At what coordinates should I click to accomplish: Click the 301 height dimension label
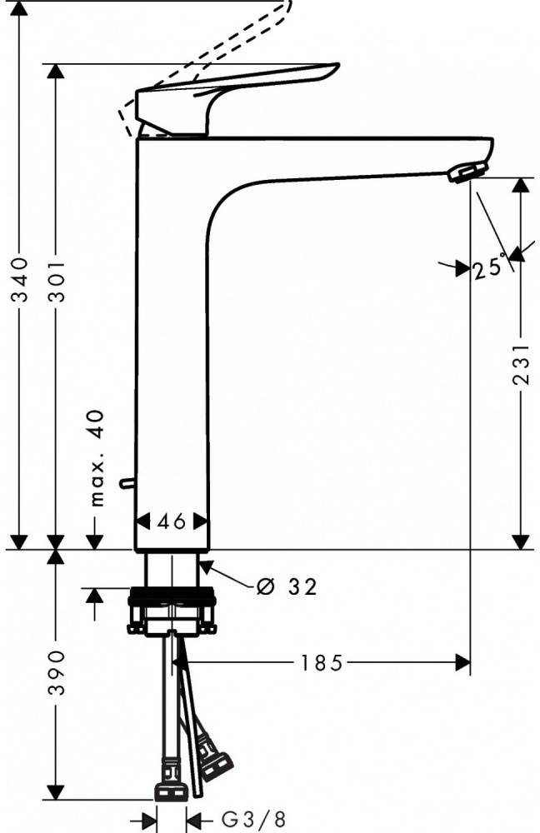point(56,279)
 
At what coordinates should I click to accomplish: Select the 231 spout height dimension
point(521,364)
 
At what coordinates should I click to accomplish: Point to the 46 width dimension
point(172,522)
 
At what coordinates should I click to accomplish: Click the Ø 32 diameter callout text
point(287,587)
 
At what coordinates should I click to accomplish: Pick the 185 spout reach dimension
point(322,663)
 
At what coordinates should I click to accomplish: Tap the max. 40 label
point(97,458)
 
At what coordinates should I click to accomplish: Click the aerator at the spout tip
point(465,172)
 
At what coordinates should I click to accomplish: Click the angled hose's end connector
point(217,761)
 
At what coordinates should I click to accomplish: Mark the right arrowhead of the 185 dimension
point(462,663)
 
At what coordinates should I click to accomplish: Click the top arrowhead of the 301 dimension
point(56,72)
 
